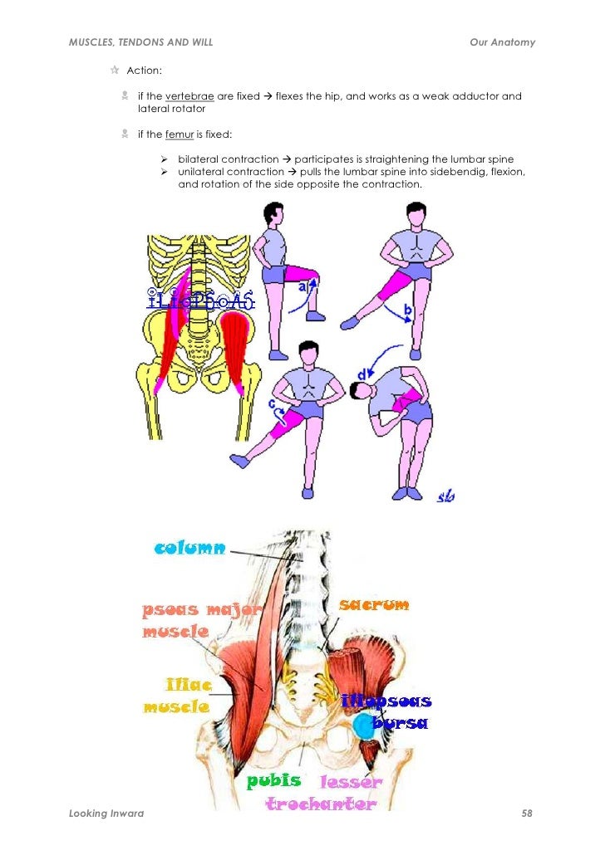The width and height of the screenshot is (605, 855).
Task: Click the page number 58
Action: click(x=526, y=813)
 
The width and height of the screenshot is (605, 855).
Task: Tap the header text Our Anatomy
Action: click(x=502, y=42)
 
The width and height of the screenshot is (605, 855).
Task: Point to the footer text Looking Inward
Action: click(x=106, y=813)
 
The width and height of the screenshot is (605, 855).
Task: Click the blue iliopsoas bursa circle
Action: click(x=362, y=727)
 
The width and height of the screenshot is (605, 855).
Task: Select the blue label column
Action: click(x=190, y=548)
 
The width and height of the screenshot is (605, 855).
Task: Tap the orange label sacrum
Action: click(x=374, y=605)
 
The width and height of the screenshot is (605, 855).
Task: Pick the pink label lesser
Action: click(x=351, y=782)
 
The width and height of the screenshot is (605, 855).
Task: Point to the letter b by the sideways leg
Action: click(x=407, y=312)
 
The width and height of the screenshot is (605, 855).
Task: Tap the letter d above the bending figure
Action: click(x=362, y=375)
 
